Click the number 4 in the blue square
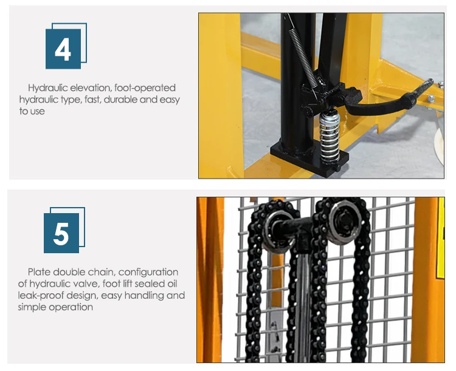coord(63,49)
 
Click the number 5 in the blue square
coord(61,234)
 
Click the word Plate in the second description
coord(40,272)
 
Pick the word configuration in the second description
coord(148,273)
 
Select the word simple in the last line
coord(32,307)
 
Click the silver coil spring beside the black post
coord(330,136)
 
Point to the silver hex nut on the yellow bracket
coord(431,98)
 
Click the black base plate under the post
coord(309,158)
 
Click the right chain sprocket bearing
coord(345,222)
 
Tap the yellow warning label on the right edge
coord(441,238)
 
